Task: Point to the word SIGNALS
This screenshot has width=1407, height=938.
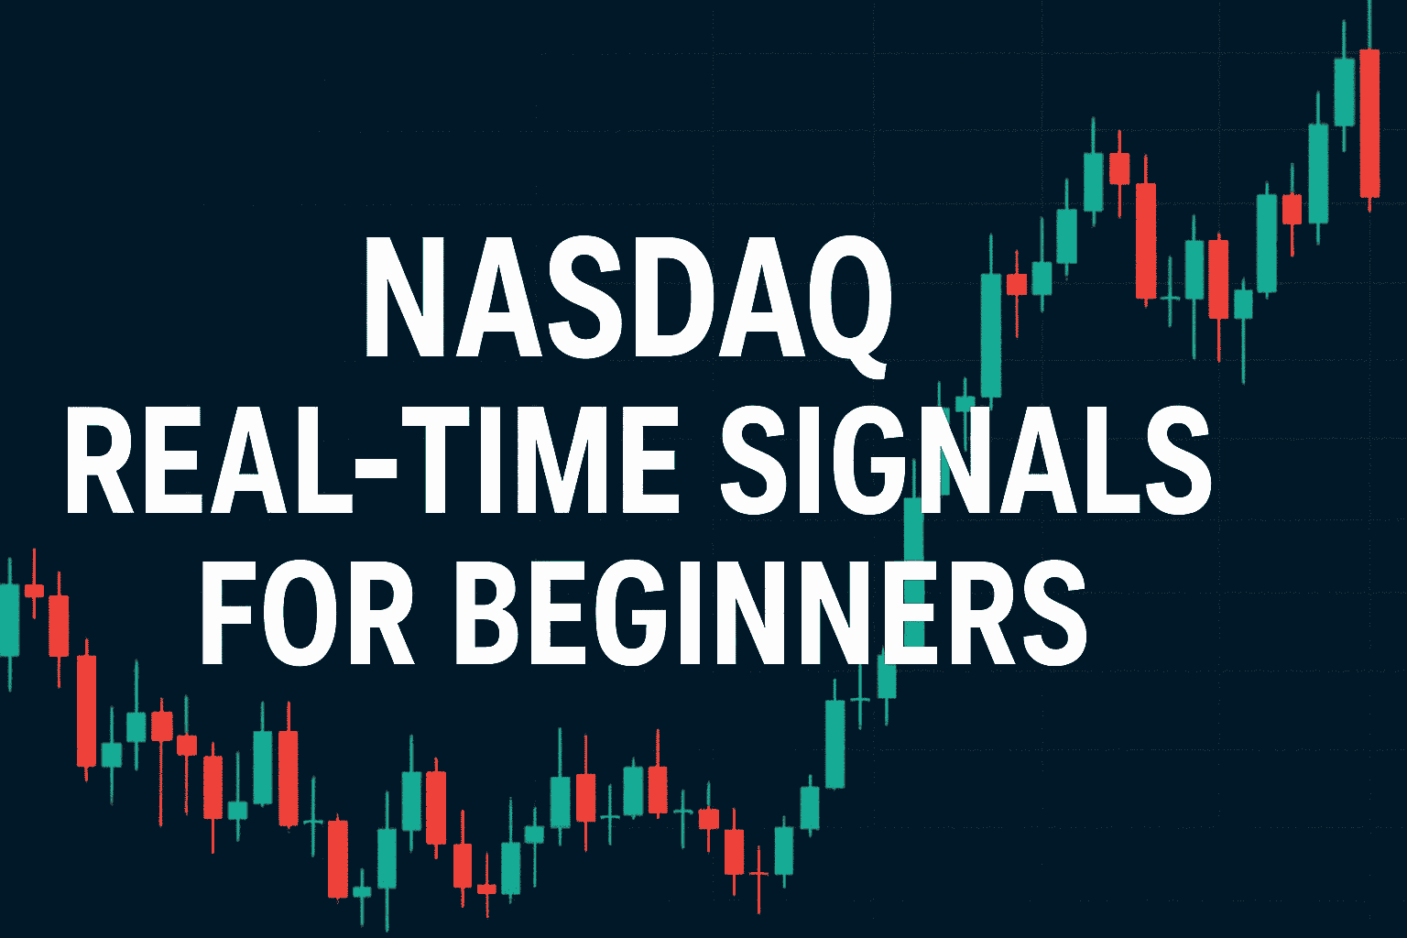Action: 966,459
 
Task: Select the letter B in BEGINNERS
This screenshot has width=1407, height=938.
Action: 493,611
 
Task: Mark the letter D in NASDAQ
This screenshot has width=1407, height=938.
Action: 668,296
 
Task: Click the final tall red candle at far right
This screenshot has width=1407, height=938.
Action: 1369,123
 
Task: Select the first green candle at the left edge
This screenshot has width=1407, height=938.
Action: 9,621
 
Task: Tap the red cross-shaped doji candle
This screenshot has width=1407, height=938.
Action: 758,874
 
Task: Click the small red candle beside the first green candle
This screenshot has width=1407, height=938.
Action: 34,591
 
